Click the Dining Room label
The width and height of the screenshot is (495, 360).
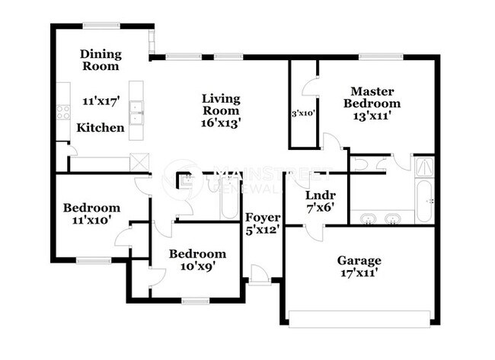point(100,59)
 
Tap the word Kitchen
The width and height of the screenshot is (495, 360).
point(100,128)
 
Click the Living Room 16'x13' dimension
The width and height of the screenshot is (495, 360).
point(221,122)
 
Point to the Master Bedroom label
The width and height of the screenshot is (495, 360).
point(372,97)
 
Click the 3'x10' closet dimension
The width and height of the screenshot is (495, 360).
point(303,113)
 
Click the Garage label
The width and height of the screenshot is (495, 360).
point(359,260)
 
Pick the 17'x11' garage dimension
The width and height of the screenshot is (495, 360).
point(359,272)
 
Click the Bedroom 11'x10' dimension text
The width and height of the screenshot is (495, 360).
point(91,220)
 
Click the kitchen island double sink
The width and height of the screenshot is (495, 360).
point(138,113)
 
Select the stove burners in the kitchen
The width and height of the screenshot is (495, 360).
point(62,112)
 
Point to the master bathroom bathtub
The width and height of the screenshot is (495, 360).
point(424,199)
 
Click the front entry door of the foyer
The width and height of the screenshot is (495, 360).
point(260,276)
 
